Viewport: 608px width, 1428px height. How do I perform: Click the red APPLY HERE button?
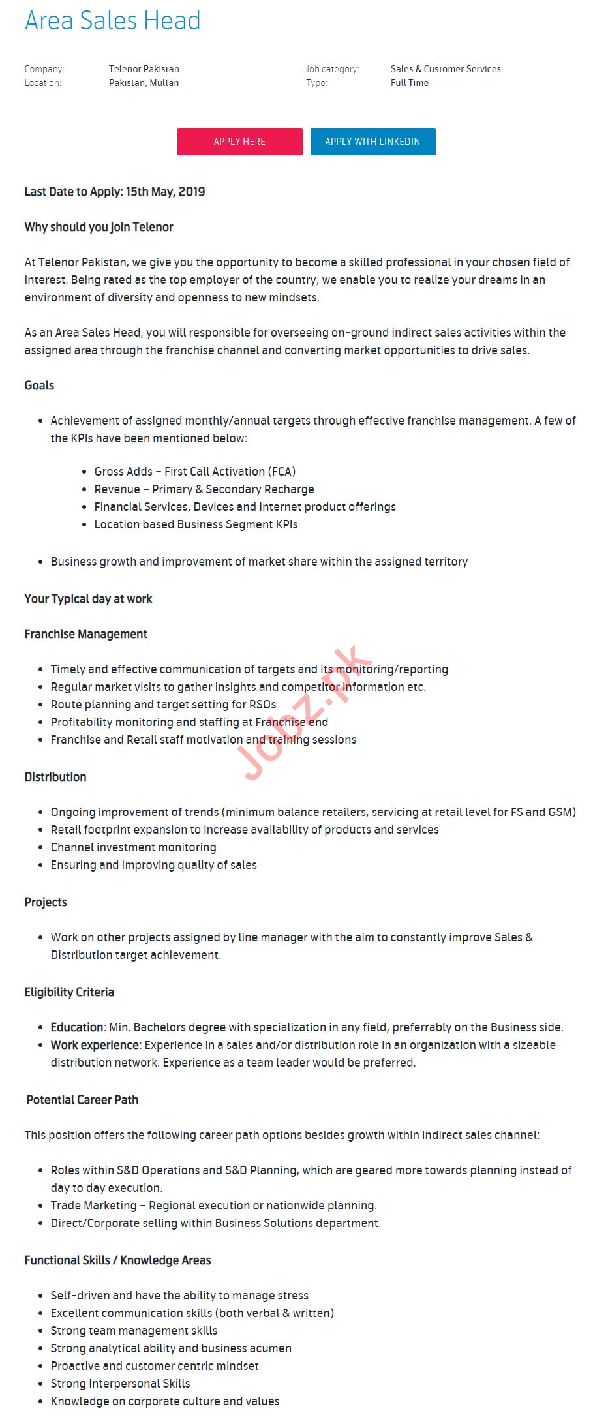(x=239, y=142)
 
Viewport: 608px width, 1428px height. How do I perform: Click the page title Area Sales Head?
(x=113, y=21)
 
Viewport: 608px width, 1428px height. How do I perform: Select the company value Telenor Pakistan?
(x=144, y=69)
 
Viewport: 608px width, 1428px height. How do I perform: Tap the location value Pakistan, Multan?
(x=144, y=83)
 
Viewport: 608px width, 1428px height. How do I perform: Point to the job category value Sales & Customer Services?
(x=446, y=69)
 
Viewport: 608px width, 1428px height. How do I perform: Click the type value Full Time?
(x=410, y=83)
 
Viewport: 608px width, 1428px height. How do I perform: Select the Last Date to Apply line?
(x=115, y=192)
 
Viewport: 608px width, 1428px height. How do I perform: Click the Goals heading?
(x=39, y=386)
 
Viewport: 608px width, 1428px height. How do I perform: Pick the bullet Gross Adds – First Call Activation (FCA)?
(x=194, y=472)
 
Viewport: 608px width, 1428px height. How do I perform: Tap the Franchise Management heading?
(x=85, y=634)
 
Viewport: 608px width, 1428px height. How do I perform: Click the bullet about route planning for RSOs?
(x=163, y=705)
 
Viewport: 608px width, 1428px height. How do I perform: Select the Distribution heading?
(x=55, y=777)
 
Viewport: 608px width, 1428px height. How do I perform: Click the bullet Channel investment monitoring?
(x=133, y=847)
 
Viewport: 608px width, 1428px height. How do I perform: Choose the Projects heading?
(x=46, y=902)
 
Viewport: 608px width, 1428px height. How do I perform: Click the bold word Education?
(x=77, y=1027)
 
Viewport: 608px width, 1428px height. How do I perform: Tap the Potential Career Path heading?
(x=82, y=1100)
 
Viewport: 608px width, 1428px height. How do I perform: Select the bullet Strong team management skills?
(x=134, y=1331)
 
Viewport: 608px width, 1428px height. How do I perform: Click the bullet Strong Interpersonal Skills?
(x=120, y=1384)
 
